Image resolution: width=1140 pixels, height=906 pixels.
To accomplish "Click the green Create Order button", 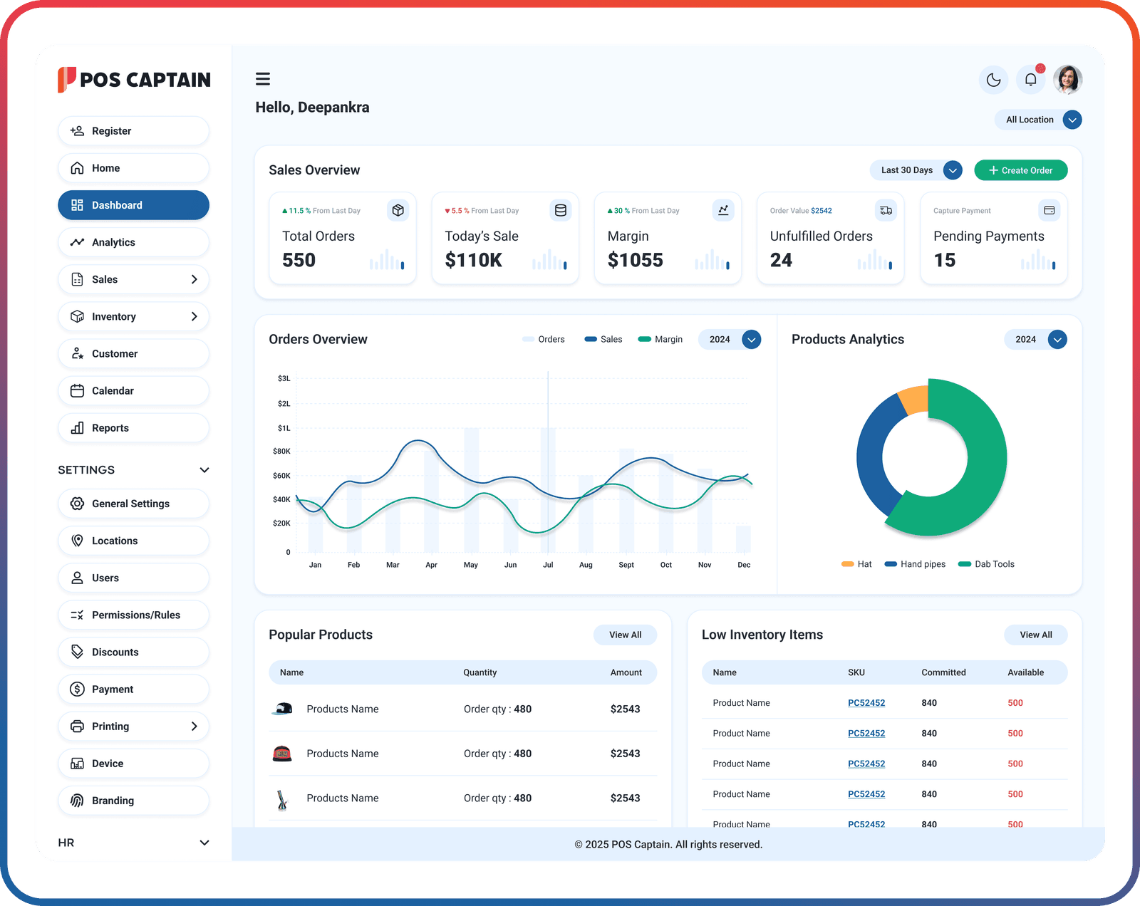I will click(x=1020, y=170).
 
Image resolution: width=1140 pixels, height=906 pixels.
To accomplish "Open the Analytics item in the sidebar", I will click(x=133, y=242).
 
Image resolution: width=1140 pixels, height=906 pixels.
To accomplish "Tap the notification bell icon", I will click(x=1030, y=80).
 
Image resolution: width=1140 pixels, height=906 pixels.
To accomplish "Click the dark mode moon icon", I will click(x=993, y=80).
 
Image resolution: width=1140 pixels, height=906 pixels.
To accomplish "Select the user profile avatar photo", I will click(x=1067, y=80).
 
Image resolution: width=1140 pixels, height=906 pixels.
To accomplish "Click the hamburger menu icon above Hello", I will click(x=263, y=79).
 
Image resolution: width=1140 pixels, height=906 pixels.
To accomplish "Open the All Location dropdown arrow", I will click(x=1072, y=120).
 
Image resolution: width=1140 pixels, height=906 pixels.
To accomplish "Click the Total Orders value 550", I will click(x=299, y=260).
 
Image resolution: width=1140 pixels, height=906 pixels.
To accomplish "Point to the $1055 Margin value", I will click(x=635, y=260).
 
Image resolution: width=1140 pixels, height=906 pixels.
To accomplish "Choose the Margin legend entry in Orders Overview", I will click(x=661, y=339).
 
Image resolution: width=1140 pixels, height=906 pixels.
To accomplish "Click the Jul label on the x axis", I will click(x=548, y=565).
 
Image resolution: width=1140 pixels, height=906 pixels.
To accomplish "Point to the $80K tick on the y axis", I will click(x=281, y=451).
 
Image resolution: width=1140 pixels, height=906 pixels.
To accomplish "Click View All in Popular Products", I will click(x=625, y=635).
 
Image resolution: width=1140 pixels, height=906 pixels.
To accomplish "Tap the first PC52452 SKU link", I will click(x=866, y=703).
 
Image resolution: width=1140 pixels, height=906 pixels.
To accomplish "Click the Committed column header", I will click(x=943, y=672).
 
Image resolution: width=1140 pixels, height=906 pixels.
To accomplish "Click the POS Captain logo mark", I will click(x=66, y=79).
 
